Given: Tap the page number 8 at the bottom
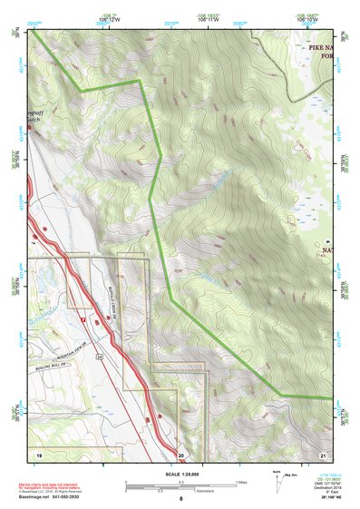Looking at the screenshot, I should tap(181, 499).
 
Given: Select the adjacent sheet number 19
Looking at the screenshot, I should tap(39, 453).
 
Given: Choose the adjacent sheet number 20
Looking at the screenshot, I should tap(180, 453).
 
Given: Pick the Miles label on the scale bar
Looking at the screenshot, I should tap(241, 481).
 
